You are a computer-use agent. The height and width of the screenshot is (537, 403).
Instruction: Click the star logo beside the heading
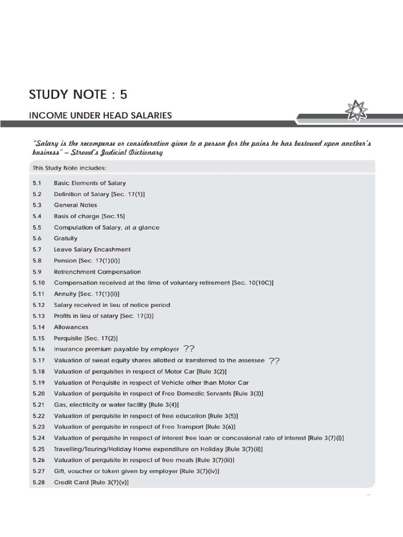(357, 111)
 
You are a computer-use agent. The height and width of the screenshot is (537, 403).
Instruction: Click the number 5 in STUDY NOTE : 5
(123, 95)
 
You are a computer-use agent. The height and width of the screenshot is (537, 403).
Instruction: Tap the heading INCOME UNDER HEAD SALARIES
(100, 115)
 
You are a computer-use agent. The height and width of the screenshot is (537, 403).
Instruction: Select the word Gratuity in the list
(66, 239)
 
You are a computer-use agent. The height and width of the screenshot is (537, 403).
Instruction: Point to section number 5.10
(38, 283)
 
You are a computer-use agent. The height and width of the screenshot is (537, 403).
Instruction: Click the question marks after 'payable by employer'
(188, 349)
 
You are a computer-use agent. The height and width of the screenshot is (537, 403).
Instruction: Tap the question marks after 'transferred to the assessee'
(274, 360)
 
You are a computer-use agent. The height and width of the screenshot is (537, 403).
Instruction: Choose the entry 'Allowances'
(71, 327)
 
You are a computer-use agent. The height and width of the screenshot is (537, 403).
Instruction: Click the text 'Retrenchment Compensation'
(97, 272)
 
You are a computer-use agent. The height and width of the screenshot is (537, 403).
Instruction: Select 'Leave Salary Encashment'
(92, 250)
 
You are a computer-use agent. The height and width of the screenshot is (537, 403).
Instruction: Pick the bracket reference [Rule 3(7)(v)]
(110, 482)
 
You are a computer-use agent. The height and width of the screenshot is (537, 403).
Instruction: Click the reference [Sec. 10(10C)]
(252, 283)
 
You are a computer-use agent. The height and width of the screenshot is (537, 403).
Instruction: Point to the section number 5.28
(38, 482)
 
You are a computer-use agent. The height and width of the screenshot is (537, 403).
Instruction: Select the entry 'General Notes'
(75, 205)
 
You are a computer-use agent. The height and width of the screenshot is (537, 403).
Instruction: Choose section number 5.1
(36, 183)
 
